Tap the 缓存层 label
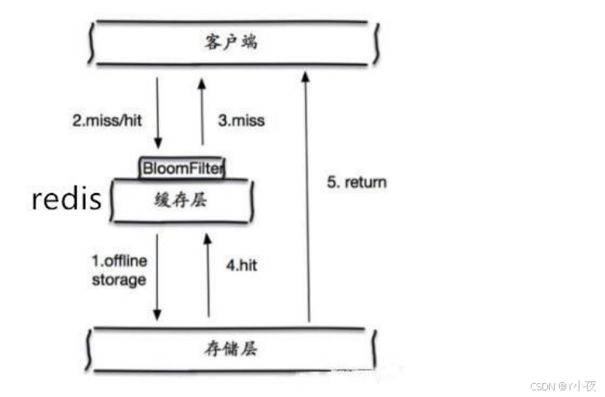point(181,200)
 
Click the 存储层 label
point(231,349)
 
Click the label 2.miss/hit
point(107,120)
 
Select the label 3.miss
point(241,120)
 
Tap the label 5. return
point(356,182)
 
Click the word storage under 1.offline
point(119,280)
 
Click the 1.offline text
point(119,262)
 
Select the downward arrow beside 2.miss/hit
point(158,112)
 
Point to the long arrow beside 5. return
point(307,198)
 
